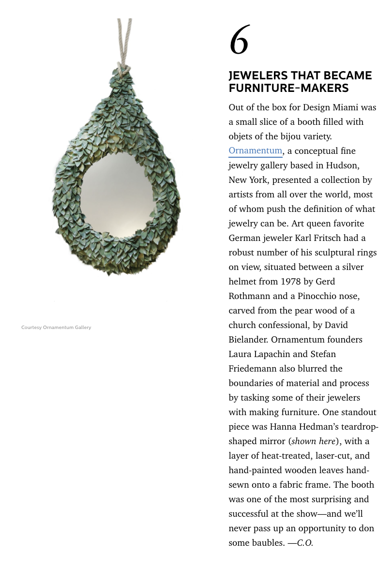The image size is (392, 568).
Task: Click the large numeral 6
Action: tap(239, 40)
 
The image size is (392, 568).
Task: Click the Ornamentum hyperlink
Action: tap(255, 151)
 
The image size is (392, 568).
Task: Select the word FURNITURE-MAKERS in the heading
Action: tap(288, 88)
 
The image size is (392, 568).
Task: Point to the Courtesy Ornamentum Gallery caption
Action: tap(56, 328)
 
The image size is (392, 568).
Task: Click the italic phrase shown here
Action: tap(314, 441)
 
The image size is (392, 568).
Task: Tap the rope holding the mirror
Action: tap(124, 39)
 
